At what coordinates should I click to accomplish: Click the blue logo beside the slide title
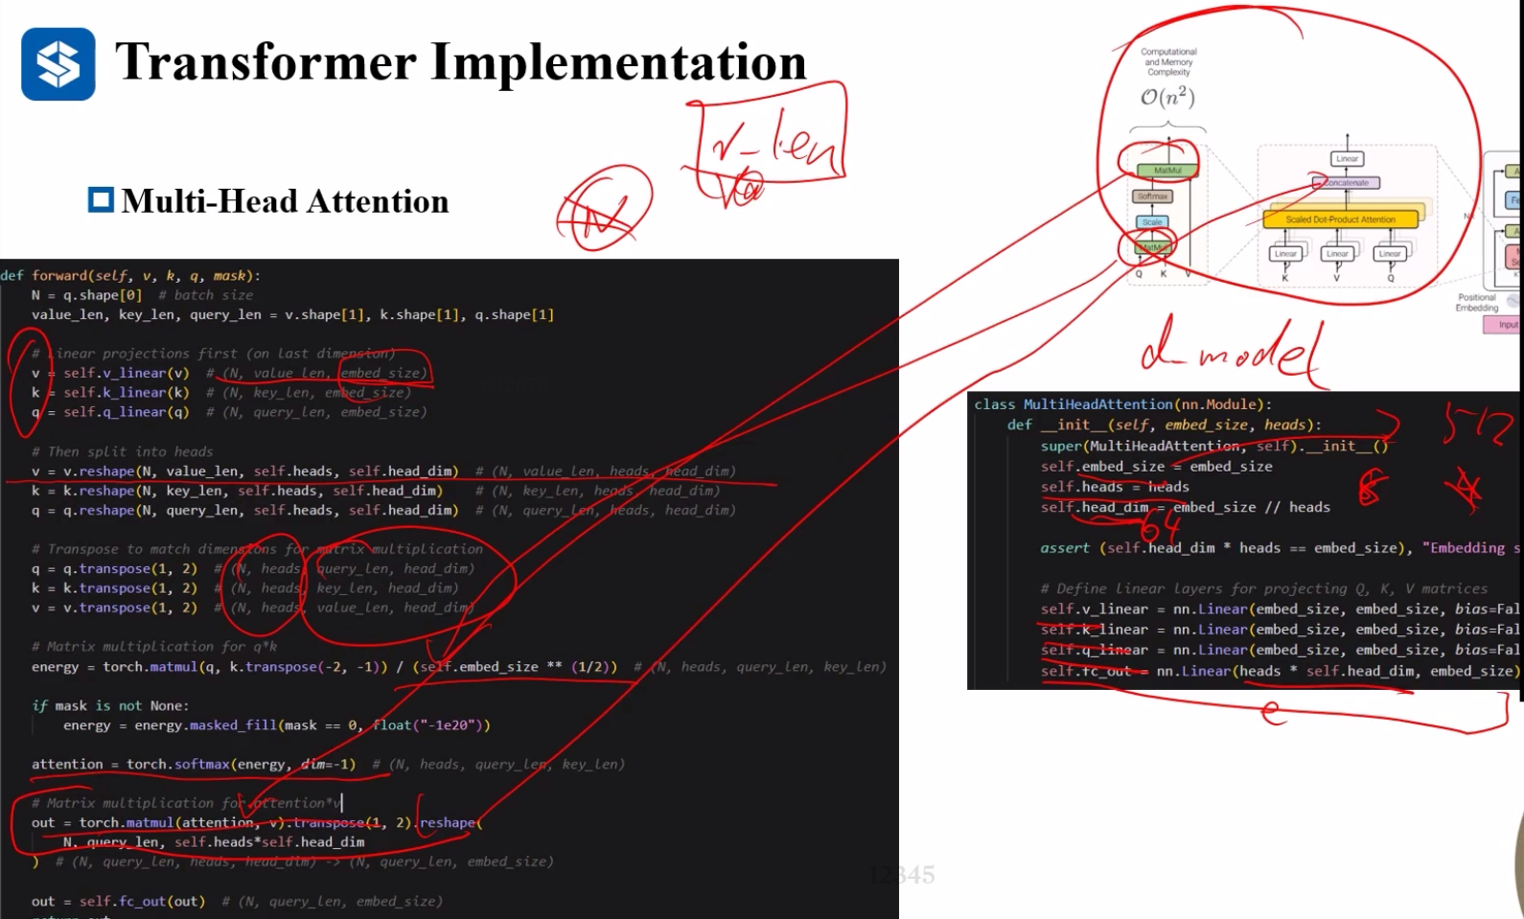(58, 64)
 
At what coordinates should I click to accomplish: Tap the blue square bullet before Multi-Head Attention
(101, 200)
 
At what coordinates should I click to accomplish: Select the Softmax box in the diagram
(1152, 196)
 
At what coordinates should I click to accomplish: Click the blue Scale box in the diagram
(1152, 222)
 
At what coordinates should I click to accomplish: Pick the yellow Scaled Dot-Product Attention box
(1340, 219)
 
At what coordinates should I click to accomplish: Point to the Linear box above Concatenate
(1347, 159)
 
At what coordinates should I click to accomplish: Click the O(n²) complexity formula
(1167, 97)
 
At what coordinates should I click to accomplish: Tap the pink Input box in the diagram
(1507, 325)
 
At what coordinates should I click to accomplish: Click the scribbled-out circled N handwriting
(604, 209)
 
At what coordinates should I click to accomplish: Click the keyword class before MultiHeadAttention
(994, 404)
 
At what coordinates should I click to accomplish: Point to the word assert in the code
(1065, 548)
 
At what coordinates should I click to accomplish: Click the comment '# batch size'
(206, 295)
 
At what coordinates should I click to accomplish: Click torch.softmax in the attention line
(178, 764)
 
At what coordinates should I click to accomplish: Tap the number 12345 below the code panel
(902, 875)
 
